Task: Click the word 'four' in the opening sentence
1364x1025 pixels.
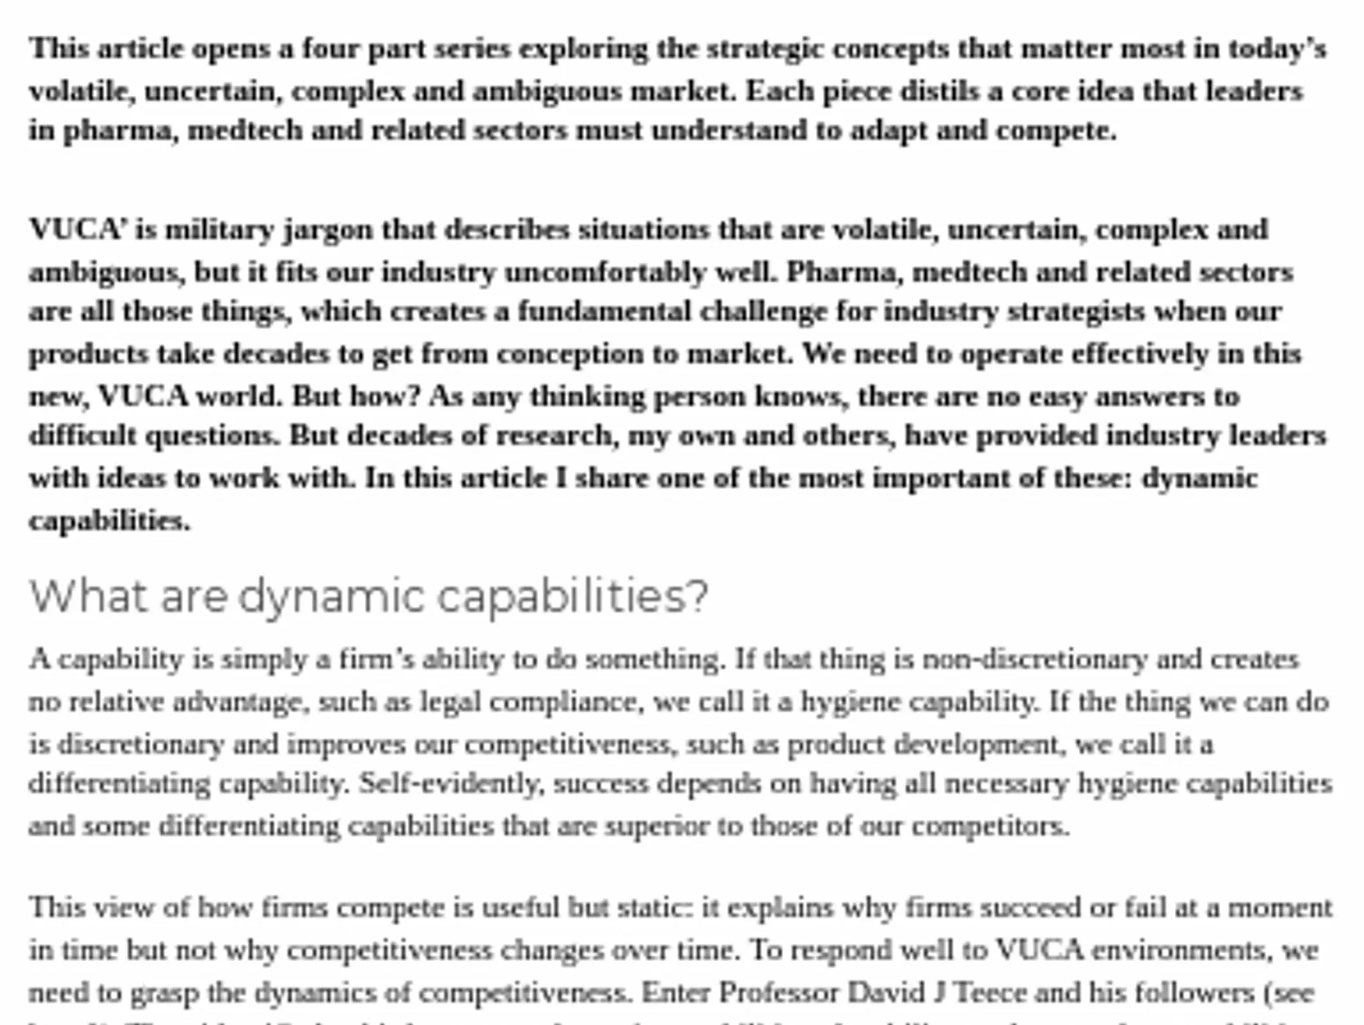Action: click(x=330, y=49)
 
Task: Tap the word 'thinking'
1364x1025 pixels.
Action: click(x=587, y=397)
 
